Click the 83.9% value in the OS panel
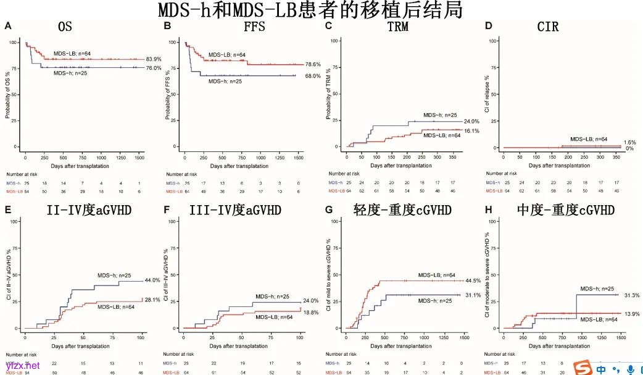pos(154,59)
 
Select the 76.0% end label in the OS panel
pos(153,68)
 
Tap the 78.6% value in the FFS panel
pos(313,64)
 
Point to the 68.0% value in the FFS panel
pos(313,76)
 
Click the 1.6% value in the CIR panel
pos(629,143)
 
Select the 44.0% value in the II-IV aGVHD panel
pos(153,280)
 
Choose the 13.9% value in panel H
pos(631,314)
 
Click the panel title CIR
pos(549,27)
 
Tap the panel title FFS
pos(255,27)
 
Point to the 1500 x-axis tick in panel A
pos(139,159)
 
